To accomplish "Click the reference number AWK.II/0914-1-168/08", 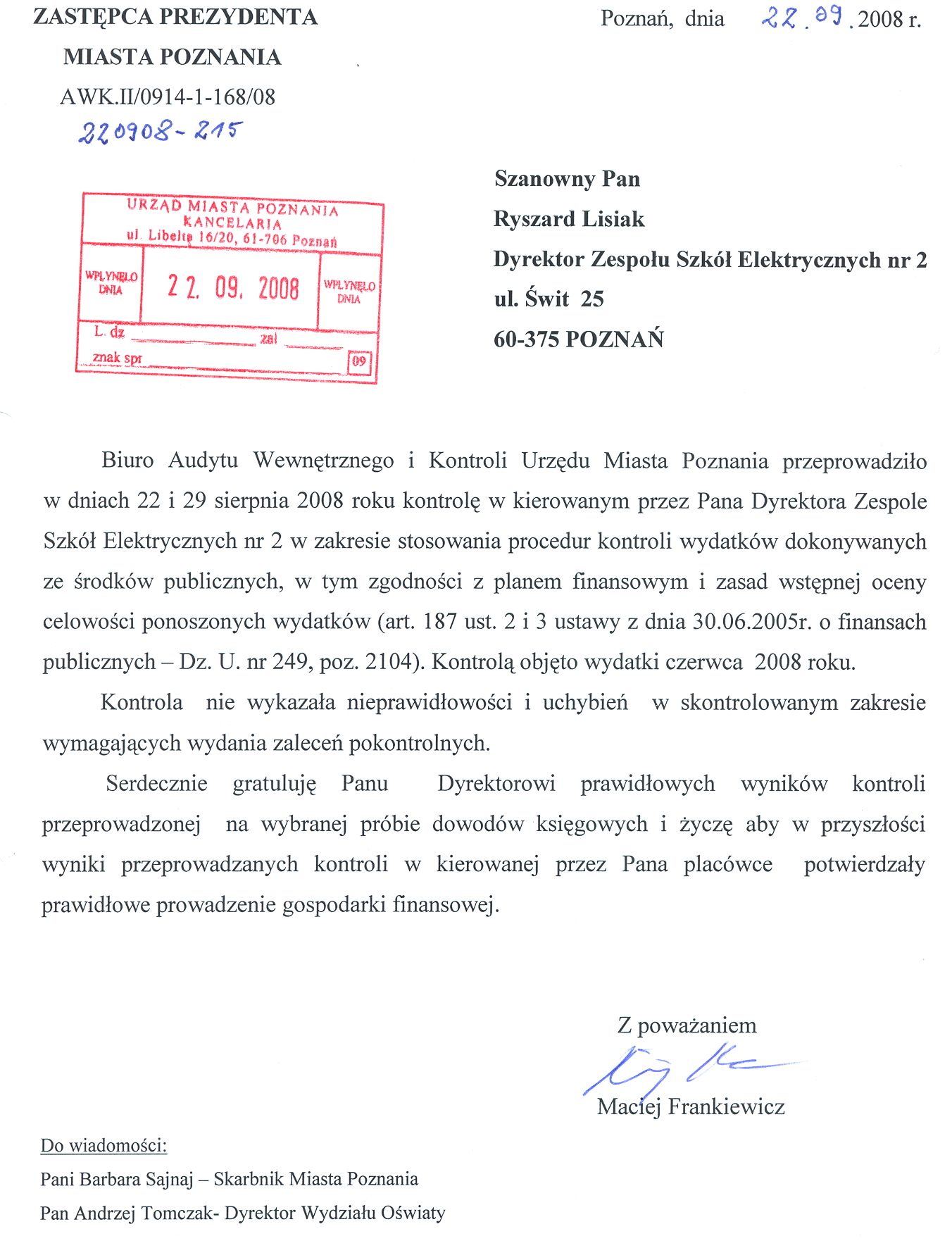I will coord(168,96).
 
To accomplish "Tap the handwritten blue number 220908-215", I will coord(161,131).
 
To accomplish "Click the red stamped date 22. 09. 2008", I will coord(233,287).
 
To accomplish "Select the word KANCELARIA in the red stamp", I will coord(232,223).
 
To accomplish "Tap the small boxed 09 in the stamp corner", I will coord(359,362).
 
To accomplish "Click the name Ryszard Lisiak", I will coord(569,219).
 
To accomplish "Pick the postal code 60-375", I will coord(526,339).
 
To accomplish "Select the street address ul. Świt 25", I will coord(549,299).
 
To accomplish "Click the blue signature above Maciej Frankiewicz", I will coord(676,1069).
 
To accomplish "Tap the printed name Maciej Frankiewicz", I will coord(691,1106).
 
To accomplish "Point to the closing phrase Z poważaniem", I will coord(687,1025).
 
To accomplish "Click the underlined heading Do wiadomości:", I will coord(104,1145).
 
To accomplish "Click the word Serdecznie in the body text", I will coord(156,784).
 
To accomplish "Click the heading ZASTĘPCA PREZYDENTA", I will coord(175,17).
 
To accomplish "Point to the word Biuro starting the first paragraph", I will coord(127,461).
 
